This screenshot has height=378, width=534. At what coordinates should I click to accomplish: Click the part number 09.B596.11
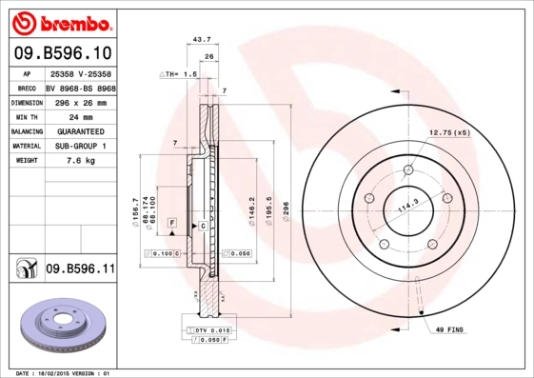(80, 270)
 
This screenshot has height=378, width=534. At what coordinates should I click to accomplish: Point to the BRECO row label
(28, 87)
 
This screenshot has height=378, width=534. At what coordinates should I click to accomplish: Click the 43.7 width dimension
(202, 41)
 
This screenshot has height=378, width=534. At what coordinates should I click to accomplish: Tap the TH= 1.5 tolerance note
(178, 72)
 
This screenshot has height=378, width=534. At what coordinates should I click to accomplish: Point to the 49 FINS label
(448, 328)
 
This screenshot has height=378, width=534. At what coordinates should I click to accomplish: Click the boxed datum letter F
(171, 222)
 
